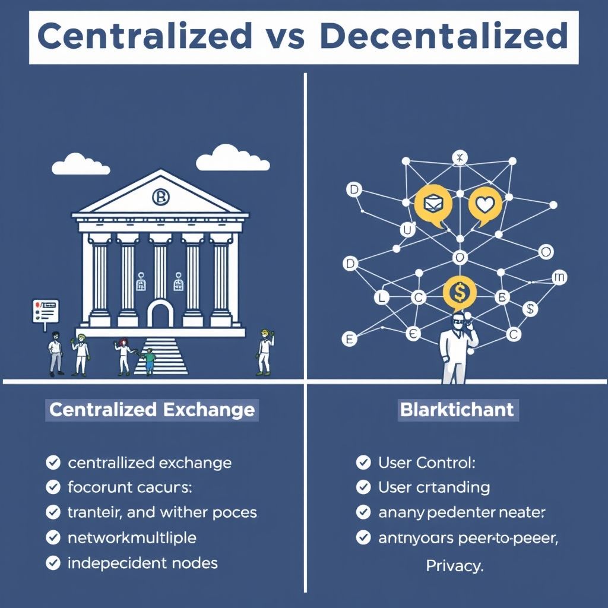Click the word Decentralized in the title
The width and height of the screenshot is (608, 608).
(443, 37)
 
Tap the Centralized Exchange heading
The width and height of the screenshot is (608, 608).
(152, 410)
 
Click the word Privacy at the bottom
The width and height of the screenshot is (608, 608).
(455, 566)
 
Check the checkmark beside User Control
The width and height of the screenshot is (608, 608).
(363, 462)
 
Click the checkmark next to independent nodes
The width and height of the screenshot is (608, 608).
(53, 563)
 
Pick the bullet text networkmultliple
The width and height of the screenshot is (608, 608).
(132, 538)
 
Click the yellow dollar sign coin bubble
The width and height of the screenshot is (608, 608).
(459, 292)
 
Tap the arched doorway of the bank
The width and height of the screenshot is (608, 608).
(160, 313)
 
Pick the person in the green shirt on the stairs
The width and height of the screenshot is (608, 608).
(149, 360)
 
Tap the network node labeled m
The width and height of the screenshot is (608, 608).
(559, 277)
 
